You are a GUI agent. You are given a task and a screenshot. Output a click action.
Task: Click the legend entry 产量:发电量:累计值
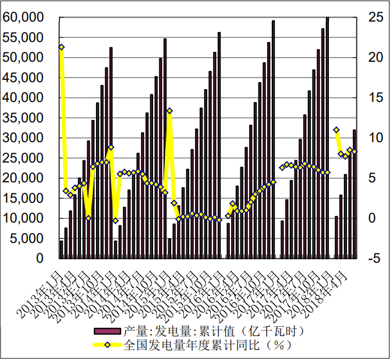214,331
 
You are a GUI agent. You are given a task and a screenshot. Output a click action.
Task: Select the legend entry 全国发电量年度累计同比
207,345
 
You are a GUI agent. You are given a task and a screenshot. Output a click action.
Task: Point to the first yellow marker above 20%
61,47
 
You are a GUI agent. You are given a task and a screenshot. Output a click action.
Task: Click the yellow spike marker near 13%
169,111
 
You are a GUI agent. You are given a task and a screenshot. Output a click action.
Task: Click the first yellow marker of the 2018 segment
336,129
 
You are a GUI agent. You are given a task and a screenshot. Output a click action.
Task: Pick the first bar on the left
61,249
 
